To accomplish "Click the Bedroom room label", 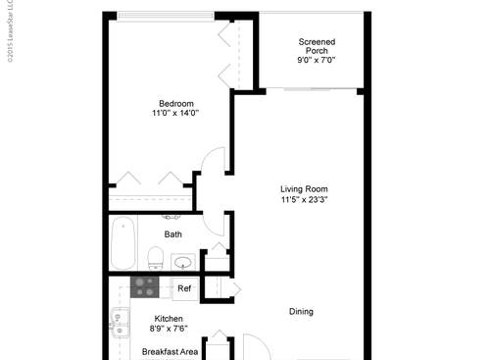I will tap(176, 103).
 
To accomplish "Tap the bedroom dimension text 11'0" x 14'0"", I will tap(176, 114).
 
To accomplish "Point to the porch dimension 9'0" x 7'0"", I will tap(316, 61).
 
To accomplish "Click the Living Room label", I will tap(304, 188).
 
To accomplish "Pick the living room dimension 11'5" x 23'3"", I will tap(304, 200).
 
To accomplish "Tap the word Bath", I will tap(172, 234).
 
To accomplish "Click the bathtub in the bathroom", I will tap(122, 245).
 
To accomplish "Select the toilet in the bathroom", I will tap(155, 258).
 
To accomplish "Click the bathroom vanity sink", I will tap(182, 262).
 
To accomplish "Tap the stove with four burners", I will tap(145, 286).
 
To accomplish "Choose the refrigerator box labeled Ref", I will tap(184, 288).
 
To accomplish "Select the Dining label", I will tap(301, 312).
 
